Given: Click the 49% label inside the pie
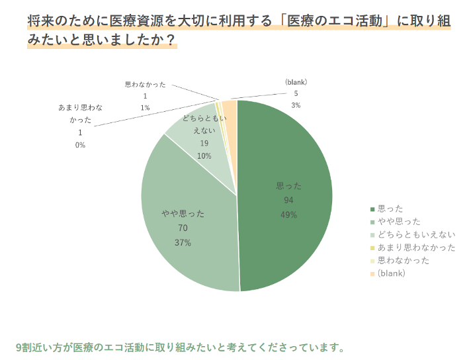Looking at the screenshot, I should click(288, 215).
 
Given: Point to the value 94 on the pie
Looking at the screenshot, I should click(288, 201).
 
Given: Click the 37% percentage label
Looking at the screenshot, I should click(183, 243).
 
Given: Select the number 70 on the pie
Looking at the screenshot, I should click(183, 228).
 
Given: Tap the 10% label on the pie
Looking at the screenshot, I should click(204, 156).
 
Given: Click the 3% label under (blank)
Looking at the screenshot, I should click(296, 105).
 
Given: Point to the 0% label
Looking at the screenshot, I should click(80, 145).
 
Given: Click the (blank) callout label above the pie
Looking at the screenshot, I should click(296, 82).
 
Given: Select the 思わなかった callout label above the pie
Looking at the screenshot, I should click(145, 85).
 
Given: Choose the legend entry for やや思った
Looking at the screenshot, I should click(398, 222).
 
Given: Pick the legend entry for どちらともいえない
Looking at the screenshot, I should click(416, 235).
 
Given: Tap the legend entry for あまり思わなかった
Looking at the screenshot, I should click(416, 247).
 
